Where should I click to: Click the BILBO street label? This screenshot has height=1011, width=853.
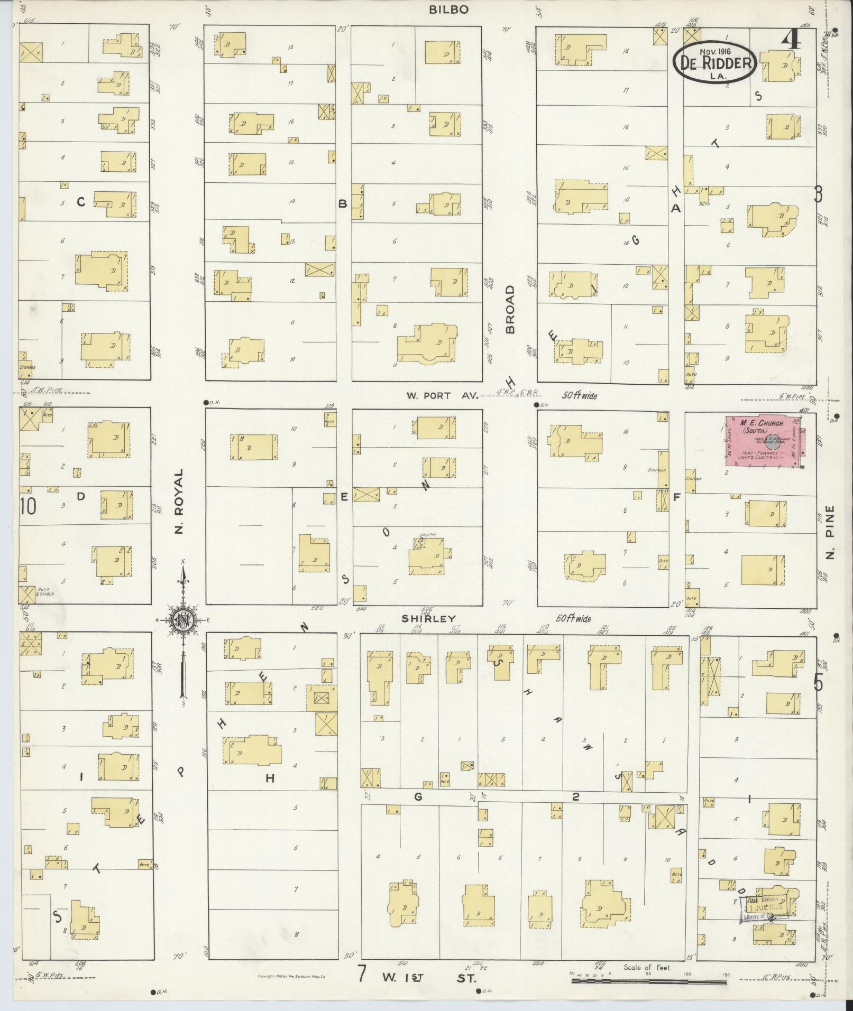(449, 10)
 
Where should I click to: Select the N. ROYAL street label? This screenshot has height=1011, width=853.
(179, 501)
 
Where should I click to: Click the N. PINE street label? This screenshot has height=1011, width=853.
(830, 532)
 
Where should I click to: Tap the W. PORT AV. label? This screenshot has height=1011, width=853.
(442, 395)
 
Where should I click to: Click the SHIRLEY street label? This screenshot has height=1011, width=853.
(436, 618)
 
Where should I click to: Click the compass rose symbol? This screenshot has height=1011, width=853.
(182, 619)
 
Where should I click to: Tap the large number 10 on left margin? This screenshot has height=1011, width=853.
(28, 506)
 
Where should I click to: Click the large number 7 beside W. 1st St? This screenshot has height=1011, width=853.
(362, 973)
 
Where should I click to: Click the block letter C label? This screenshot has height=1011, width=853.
(81, 201)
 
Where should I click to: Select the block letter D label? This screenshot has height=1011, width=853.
(81, 496)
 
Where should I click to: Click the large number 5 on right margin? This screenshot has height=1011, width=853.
(818, 684)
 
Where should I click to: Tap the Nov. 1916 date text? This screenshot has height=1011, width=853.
(714, 51)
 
